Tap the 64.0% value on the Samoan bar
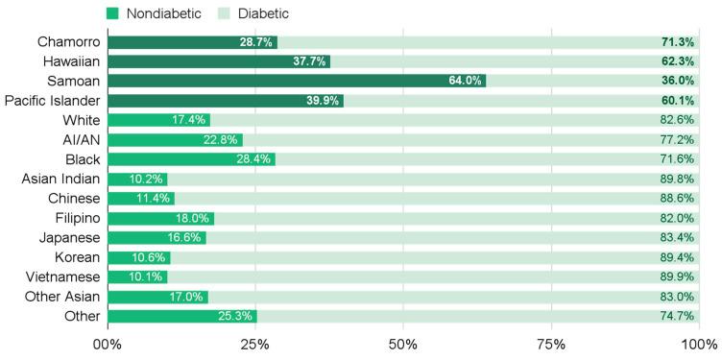465,80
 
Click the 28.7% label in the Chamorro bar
257,42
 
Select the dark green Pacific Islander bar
226,101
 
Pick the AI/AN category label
81,139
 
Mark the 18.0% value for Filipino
193,218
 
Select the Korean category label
77,257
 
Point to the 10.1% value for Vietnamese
147,276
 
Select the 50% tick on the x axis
403,344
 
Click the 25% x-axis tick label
255,344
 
